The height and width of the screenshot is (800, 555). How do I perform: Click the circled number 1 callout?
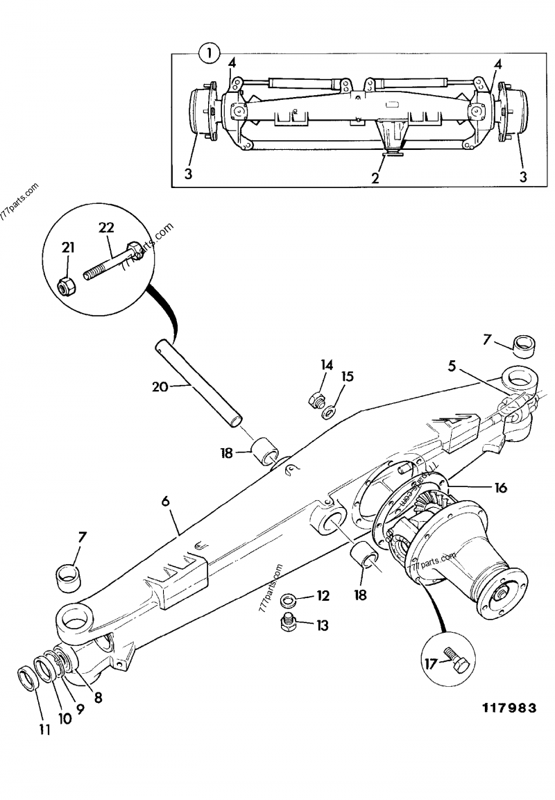(209, 52)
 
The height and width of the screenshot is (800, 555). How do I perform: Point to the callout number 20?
(160, 386)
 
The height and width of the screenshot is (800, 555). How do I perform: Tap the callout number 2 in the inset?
(375, 178)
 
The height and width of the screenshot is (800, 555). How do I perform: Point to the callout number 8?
(98, 698)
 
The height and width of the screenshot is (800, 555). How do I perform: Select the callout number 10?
(64, 720)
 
